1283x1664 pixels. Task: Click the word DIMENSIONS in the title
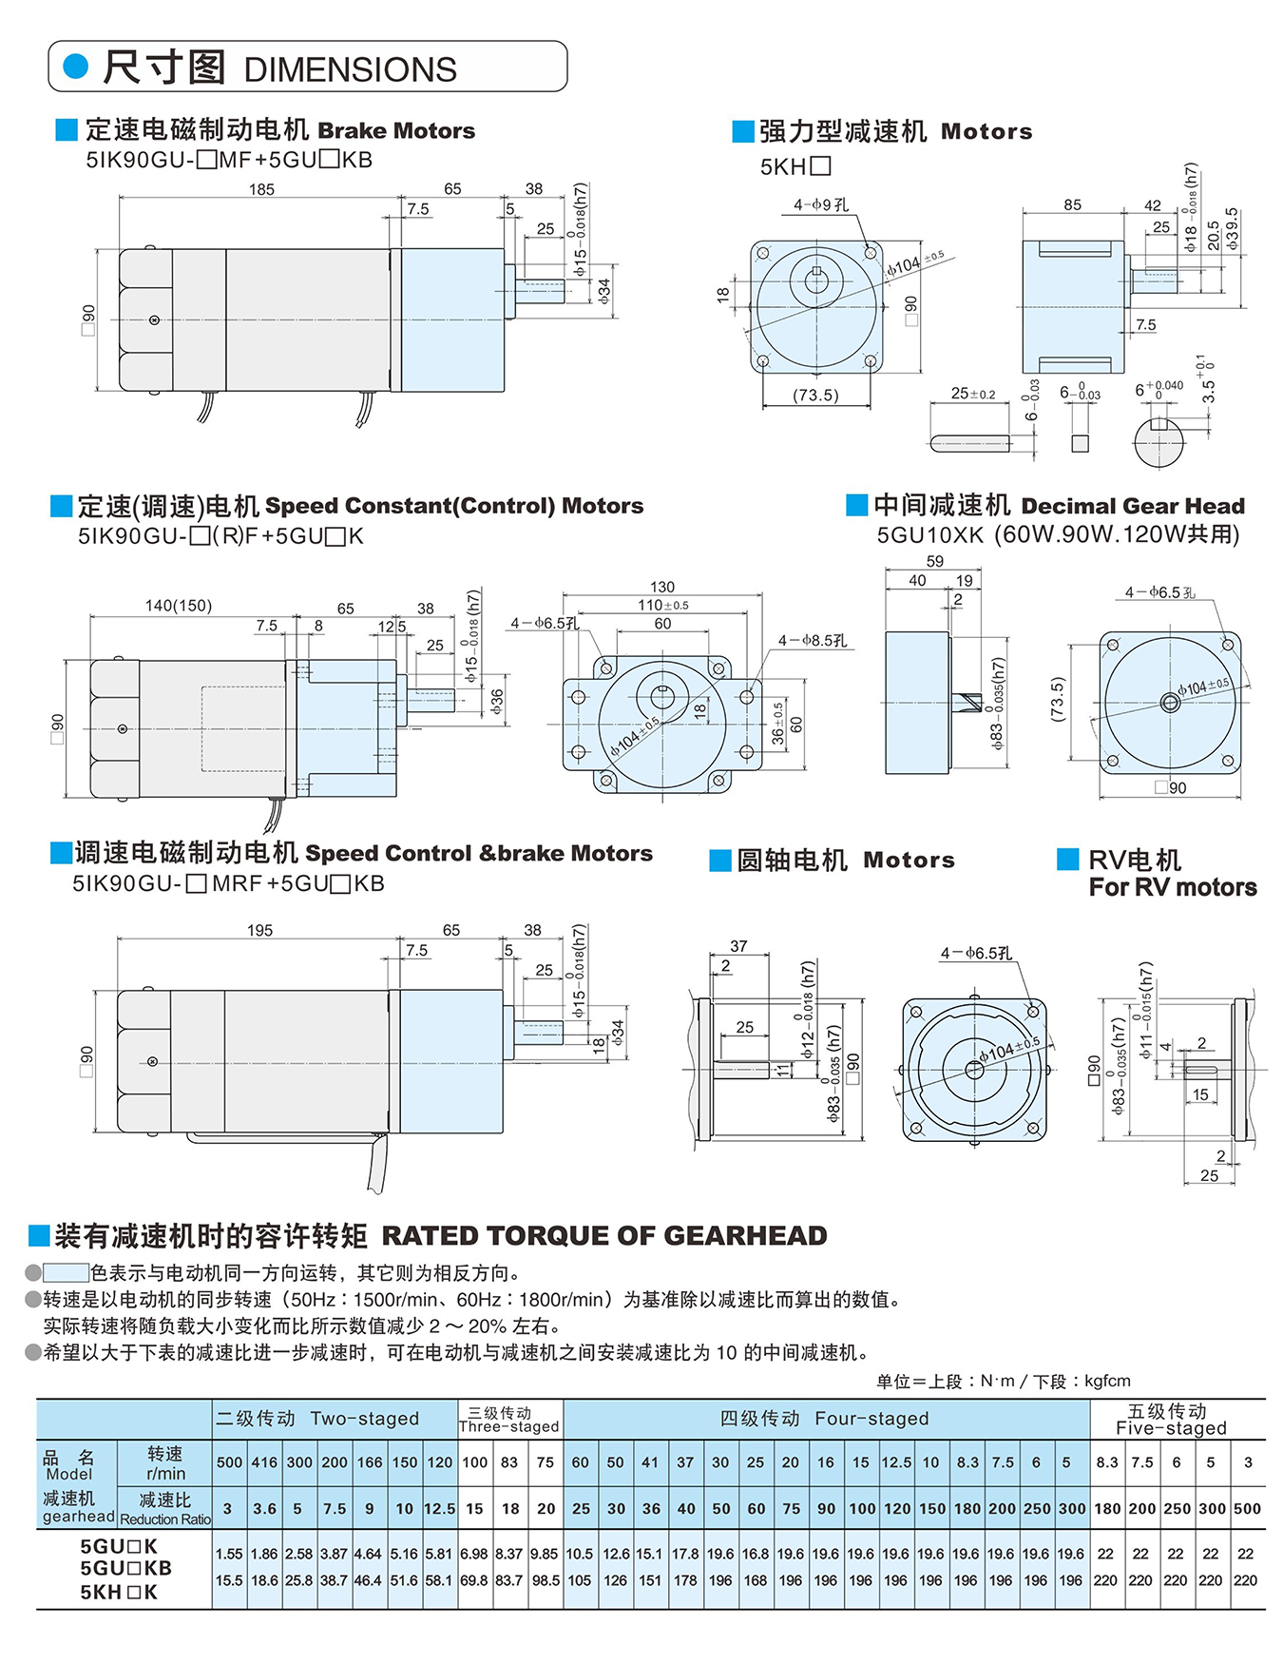click(350, 70)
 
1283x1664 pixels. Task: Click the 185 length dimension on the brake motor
click(261, 189)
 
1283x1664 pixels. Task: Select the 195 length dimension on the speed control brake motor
click(259, 930)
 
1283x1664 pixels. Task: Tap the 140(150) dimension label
click(179, 606)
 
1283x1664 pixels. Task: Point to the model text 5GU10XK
click(929, 535)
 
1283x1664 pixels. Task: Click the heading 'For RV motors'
click(1173, 887)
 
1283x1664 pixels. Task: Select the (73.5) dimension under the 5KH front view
click(815, 395)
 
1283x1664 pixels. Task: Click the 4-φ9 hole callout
click(821, 204)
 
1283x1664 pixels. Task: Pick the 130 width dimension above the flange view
click(662, 587)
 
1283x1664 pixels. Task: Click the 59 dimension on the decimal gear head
click(935, 562)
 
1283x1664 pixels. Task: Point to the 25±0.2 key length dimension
click(973, 394)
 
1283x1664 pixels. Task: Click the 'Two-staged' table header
click(365, 1419)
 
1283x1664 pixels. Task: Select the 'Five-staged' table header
click(1171, 1428)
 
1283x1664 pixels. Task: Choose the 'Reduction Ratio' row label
click(165, 1519)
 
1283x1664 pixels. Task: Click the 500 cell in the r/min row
click(229, 1462)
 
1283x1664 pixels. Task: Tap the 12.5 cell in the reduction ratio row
click(439, 1509)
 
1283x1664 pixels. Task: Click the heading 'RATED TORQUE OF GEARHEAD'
click(604, 1235)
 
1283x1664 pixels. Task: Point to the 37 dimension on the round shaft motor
click(738, 946)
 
